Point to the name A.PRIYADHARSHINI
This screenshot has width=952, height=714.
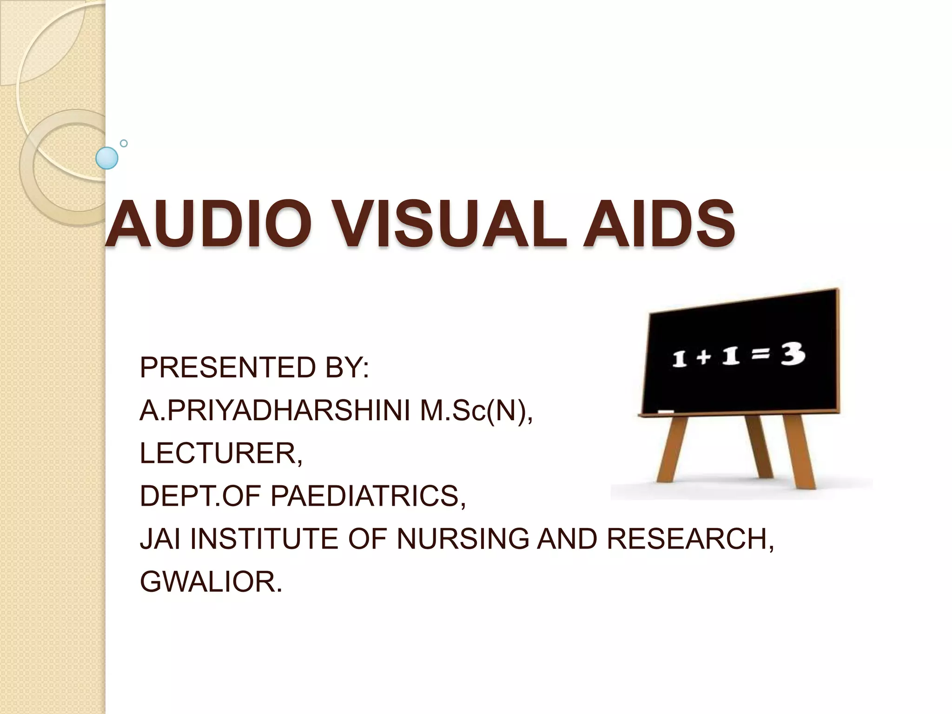point(274,411)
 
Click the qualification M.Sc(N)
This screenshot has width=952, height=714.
point(476,411)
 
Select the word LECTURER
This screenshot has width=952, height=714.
point(221,453)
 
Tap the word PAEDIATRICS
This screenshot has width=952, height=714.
point(368,496)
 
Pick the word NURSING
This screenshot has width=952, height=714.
point(463,539)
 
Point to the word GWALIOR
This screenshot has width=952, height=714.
point(211,582)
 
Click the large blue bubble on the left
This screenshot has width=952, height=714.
point(106,158)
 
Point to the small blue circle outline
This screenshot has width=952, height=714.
point(124,143)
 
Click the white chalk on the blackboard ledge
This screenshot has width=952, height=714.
point(666,411)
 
